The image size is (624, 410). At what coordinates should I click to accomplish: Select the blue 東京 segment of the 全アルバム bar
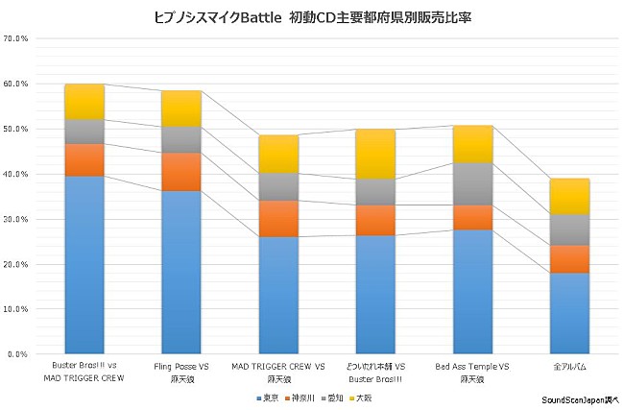point(569,313)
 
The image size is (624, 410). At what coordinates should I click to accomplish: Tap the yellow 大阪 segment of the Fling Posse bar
point(181,109)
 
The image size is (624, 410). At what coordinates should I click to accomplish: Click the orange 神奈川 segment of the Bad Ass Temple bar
point(472,217)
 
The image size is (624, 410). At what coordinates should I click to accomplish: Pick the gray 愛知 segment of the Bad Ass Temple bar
point(472,183)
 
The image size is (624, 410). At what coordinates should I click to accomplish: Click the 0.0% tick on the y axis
point(19,354)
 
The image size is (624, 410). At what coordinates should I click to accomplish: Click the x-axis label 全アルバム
point(569,368)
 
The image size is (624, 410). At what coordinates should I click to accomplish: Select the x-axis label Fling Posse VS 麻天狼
point(181,374)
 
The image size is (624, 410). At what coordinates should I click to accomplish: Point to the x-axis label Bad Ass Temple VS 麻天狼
point(472,374)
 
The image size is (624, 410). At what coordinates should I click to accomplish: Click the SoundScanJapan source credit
point(580,400)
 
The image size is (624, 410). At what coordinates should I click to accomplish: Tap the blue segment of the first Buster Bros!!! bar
point(84,264)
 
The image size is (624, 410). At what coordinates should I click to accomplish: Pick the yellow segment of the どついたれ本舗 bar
point(375,154)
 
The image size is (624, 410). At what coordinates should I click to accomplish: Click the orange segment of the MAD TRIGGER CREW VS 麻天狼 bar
point(278,218)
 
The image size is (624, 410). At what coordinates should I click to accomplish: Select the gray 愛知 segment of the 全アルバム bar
point(569,229)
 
